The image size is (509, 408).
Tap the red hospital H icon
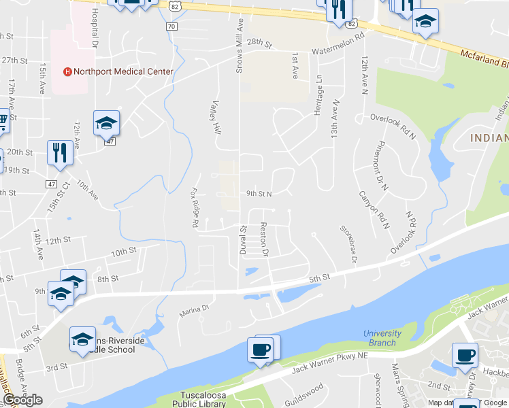[67, 71]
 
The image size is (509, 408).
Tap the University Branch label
[382, 338]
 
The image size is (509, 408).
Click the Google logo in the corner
[22, 401]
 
